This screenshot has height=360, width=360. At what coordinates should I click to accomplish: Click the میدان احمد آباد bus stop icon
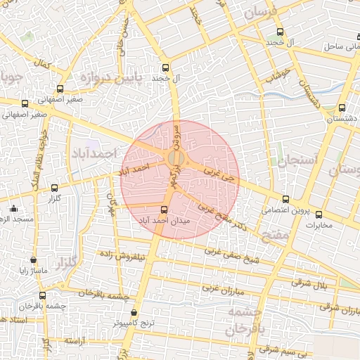165,210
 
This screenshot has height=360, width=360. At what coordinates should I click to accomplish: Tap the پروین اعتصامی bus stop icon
285,199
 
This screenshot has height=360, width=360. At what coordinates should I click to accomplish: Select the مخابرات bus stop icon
319,214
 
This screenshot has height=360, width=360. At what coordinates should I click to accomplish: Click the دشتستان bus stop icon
342,108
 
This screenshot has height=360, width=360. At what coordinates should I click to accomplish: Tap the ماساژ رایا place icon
33,260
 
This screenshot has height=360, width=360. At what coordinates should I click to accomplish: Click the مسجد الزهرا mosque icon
13,208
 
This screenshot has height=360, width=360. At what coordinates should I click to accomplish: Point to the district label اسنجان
297,161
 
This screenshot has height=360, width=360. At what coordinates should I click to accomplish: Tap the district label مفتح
274,235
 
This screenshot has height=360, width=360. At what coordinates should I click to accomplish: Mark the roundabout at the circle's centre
176,159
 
